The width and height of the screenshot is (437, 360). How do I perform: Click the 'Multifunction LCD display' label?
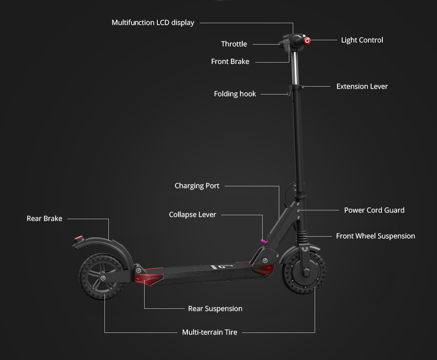[153, 22]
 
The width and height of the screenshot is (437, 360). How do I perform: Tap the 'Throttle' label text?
[234, 44]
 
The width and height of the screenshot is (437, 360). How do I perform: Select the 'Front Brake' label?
[230, 62]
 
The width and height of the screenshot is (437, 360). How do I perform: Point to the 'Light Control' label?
[362, 40]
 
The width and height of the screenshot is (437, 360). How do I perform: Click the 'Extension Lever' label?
[362, 87]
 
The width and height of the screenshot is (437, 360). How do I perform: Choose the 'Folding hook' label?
[235, 94]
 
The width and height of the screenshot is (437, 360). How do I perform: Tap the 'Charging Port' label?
[197, 186]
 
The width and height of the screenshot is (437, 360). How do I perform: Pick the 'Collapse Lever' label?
[192, 215]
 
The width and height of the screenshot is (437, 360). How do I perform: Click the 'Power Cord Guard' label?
[374, 210]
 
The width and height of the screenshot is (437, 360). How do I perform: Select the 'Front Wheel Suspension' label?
[375, 236]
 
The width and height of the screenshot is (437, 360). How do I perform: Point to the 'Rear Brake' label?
[44, 219]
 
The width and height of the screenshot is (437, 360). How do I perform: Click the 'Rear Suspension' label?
[215, 309]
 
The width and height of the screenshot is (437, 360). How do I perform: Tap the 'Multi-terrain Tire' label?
[209, 332]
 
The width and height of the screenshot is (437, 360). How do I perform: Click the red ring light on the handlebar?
[307, 41]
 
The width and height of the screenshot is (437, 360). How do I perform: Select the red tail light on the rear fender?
[78, 239]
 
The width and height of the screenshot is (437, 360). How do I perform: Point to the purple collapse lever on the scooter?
[264, 240]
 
